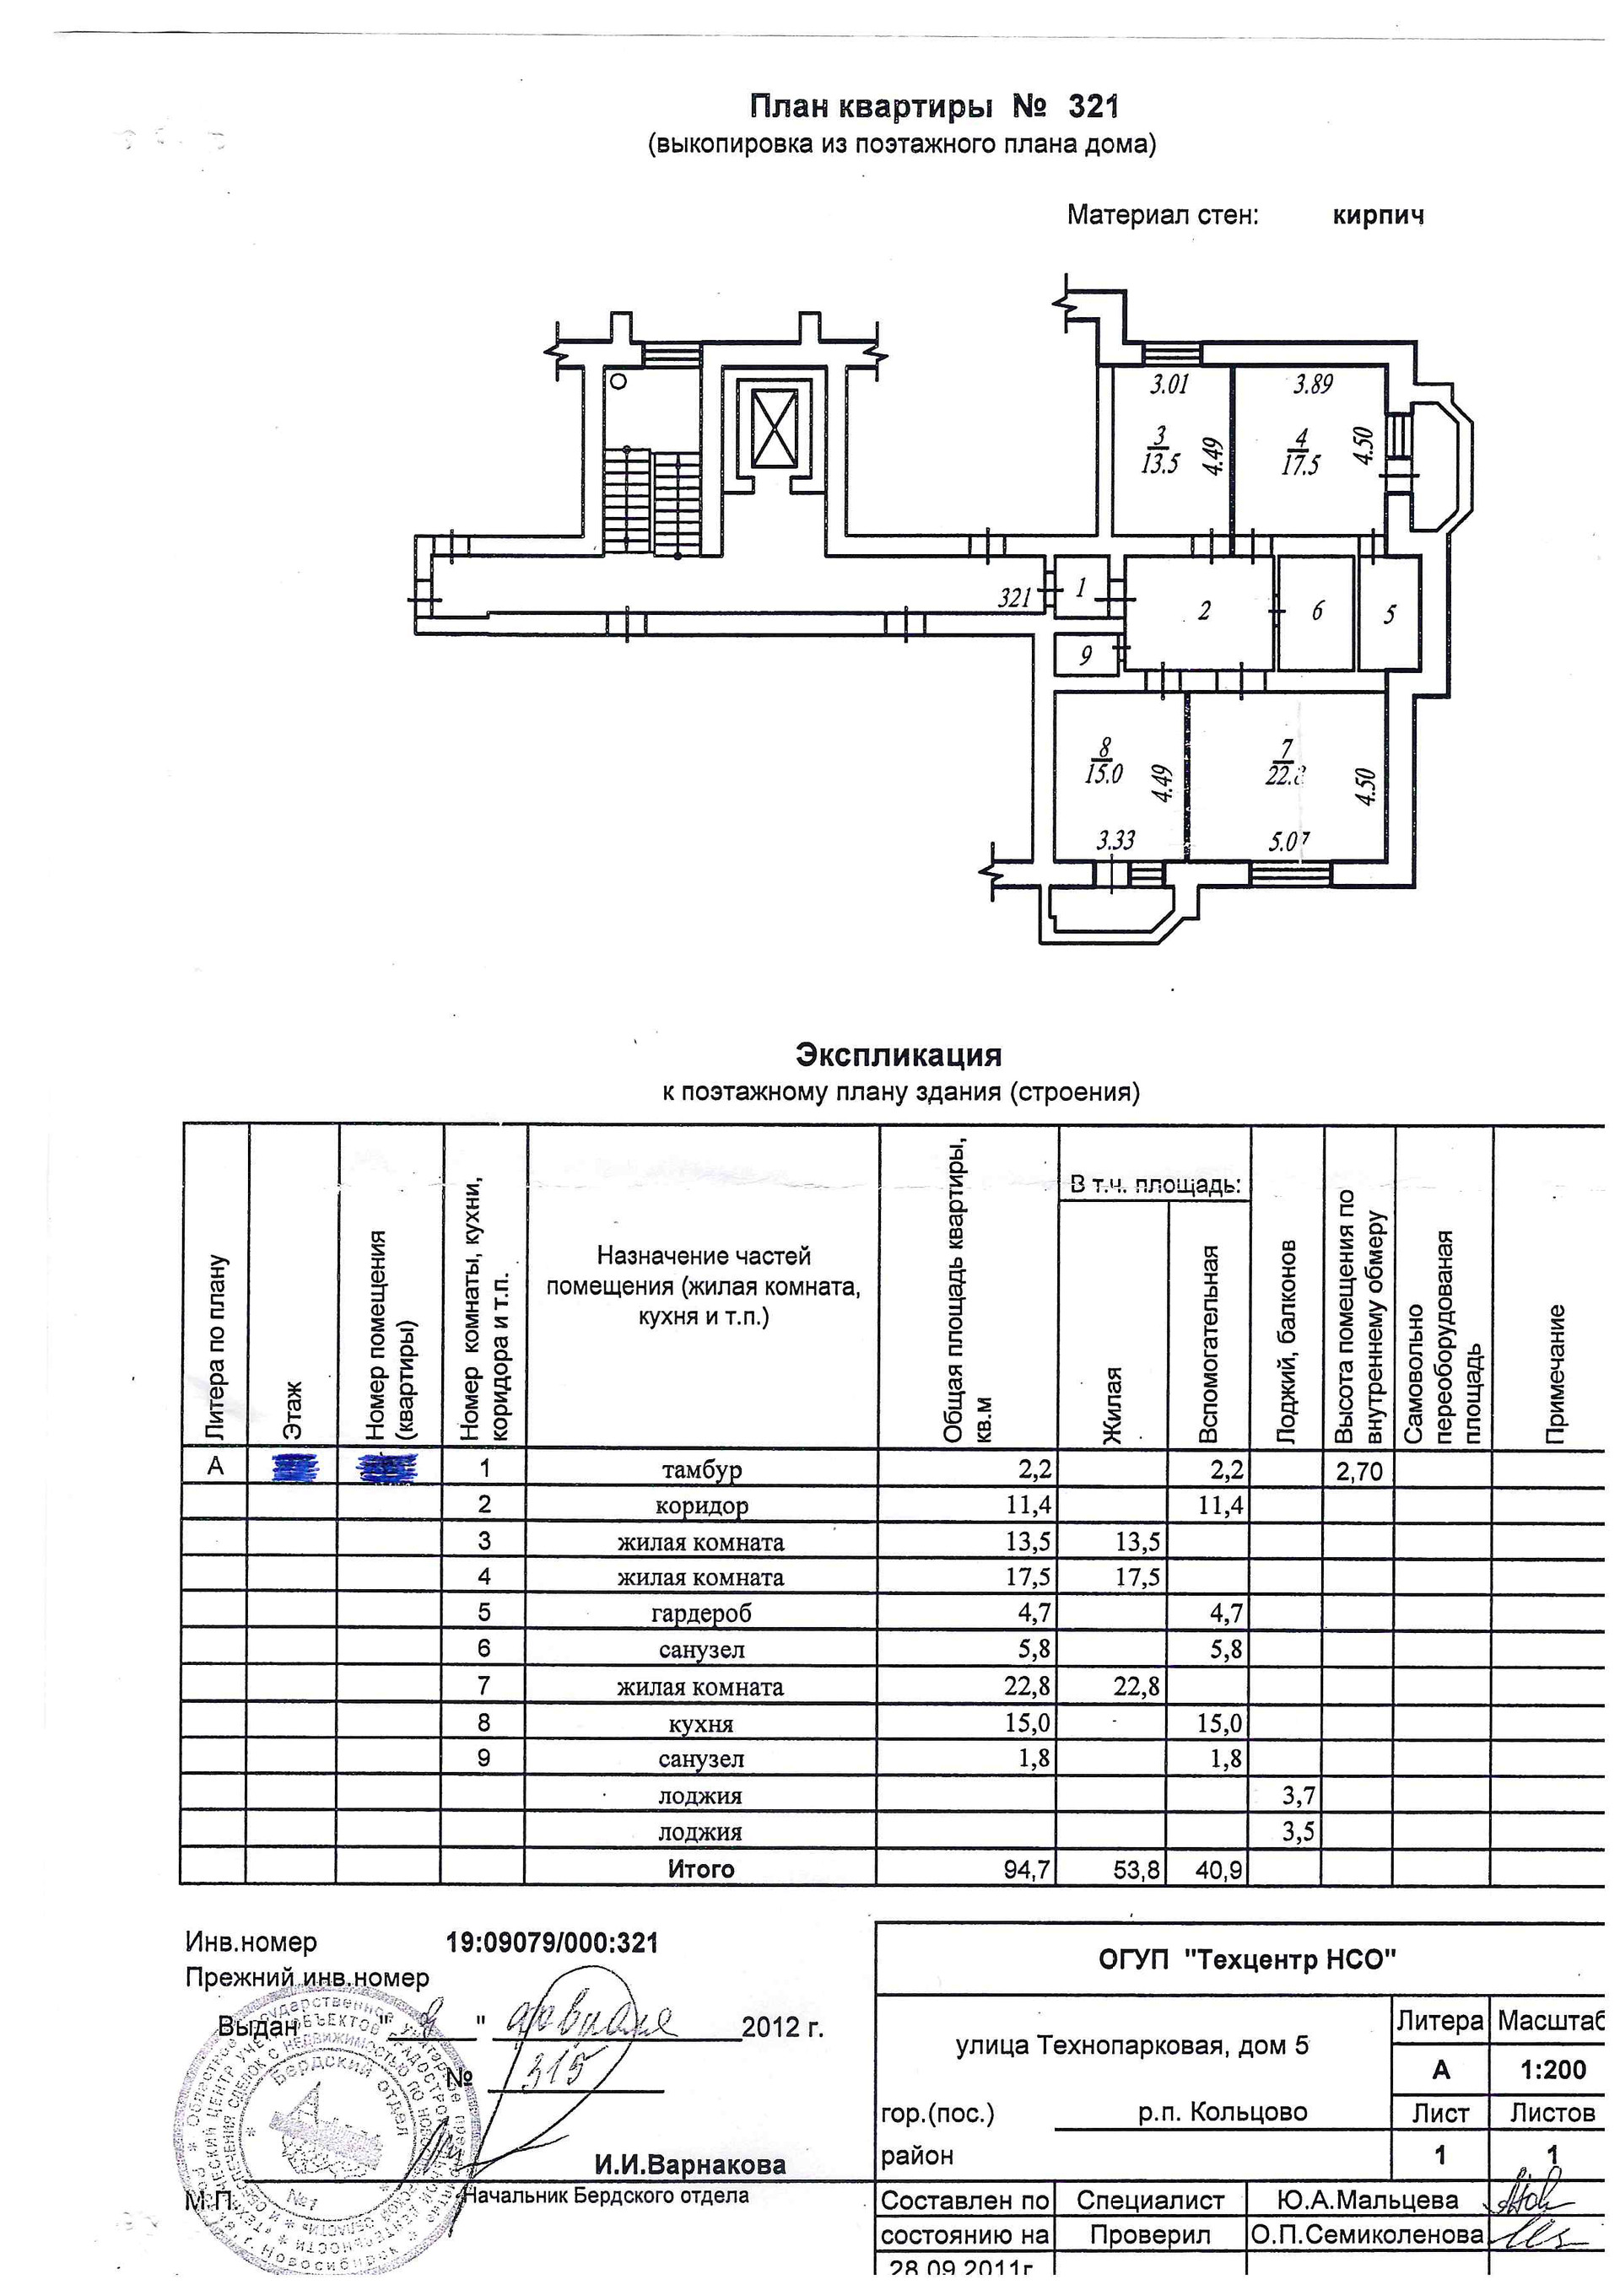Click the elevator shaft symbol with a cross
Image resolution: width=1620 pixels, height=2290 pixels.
coord(775,428)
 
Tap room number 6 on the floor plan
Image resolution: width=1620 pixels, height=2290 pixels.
coord(1317,611)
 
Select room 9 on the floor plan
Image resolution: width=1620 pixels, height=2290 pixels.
coord(1085,655)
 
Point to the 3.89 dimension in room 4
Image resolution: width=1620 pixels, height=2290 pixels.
coord(1313,384)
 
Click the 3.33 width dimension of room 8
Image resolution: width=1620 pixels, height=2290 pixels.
coord(1115,840)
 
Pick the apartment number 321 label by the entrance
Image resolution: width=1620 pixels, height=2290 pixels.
coord(1016,597)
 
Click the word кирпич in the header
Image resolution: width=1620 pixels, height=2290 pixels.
coord(1378,215)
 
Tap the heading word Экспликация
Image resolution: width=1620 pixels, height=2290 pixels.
coord(898,1054)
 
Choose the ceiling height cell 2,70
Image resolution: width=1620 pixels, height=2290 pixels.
coord(1358,1470)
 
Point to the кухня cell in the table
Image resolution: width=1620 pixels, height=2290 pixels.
coord(701,1723)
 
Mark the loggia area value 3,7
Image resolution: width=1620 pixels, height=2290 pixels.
coord(1298,1797)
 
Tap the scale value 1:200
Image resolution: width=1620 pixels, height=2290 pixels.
coord(1552,2070)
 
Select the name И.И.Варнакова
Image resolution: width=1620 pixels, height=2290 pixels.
coord(690,2164)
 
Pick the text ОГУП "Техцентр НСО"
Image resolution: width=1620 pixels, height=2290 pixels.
coord(1247,1960)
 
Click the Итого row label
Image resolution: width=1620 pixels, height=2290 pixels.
coord(701,1869)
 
